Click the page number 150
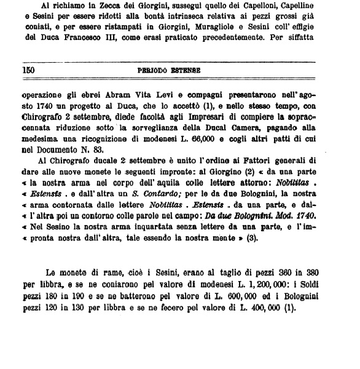(x=28, y=71)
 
